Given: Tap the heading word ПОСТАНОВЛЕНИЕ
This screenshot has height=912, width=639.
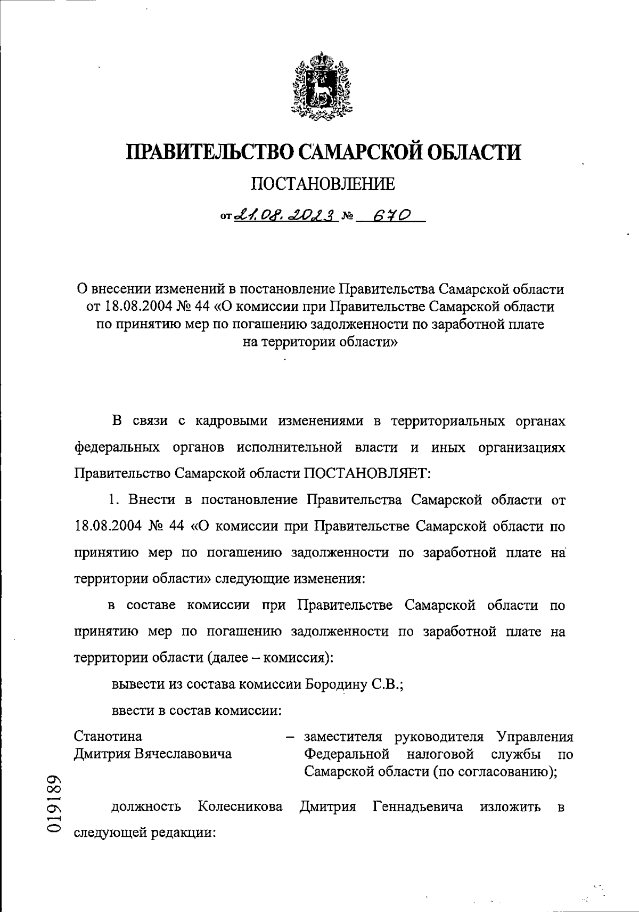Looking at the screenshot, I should [x=323, y=184].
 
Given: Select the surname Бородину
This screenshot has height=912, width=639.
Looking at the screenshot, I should [x=334, y=684].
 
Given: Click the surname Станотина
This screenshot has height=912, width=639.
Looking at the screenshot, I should [x=108, y=737].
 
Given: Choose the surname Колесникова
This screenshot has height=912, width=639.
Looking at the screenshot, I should [x=240, y=807].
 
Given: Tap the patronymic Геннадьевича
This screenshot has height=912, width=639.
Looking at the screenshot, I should [x=417, y=807].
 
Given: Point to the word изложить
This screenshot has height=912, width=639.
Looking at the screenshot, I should [x=510, y=807].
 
